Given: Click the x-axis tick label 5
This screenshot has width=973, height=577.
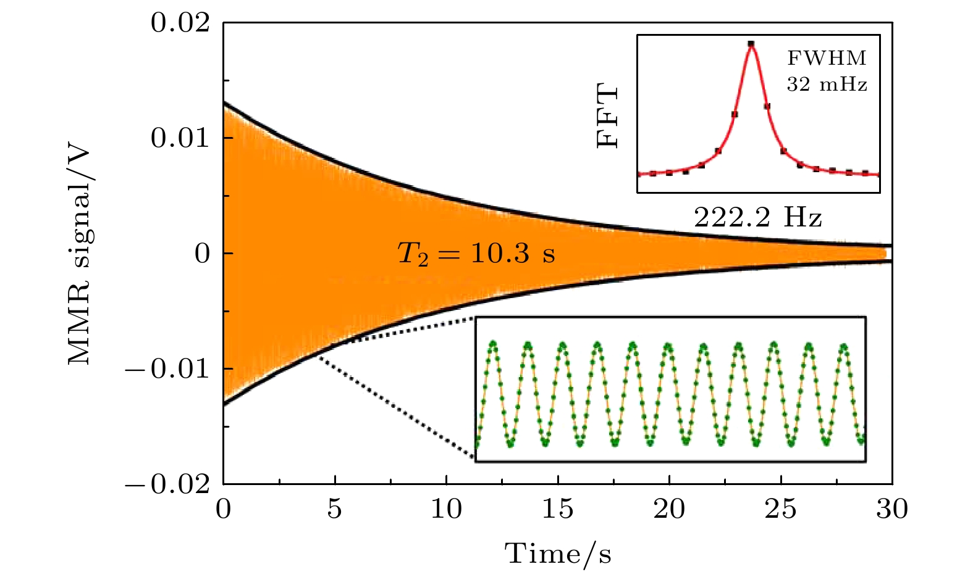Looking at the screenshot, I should coord(335,510).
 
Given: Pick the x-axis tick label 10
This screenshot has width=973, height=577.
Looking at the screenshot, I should coord(446,510).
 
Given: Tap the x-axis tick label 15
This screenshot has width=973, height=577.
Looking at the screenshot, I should coord(558,510).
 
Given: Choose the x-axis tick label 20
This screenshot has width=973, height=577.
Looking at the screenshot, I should coord(669,510).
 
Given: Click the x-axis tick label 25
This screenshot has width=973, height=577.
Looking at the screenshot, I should coord(781,510).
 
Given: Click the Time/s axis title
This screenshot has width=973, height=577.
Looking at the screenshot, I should coord(558,554).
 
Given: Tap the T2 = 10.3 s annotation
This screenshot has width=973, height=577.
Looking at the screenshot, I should coord(476,254).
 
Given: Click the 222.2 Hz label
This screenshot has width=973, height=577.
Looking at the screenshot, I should coord(758,217).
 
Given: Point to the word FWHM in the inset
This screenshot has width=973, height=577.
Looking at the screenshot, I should coord(827,59).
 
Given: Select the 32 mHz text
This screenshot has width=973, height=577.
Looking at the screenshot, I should coord(827,85).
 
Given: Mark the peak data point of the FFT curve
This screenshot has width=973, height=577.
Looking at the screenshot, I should coord(751,44).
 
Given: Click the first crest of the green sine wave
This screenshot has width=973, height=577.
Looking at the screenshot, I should coord(493,343).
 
